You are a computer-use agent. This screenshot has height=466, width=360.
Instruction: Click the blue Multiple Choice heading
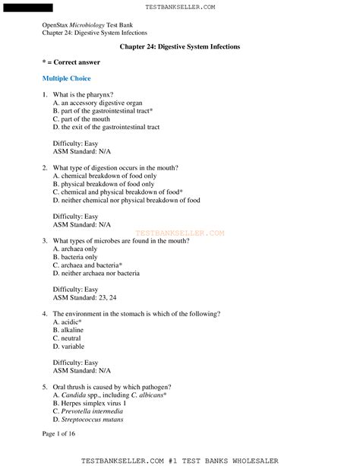(66, 78)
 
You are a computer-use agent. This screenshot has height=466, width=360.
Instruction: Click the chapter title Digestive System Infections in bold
(180, 47)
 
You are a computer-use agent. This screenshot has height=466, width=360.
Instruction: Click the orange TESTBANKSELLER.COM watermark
(180, 233)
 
